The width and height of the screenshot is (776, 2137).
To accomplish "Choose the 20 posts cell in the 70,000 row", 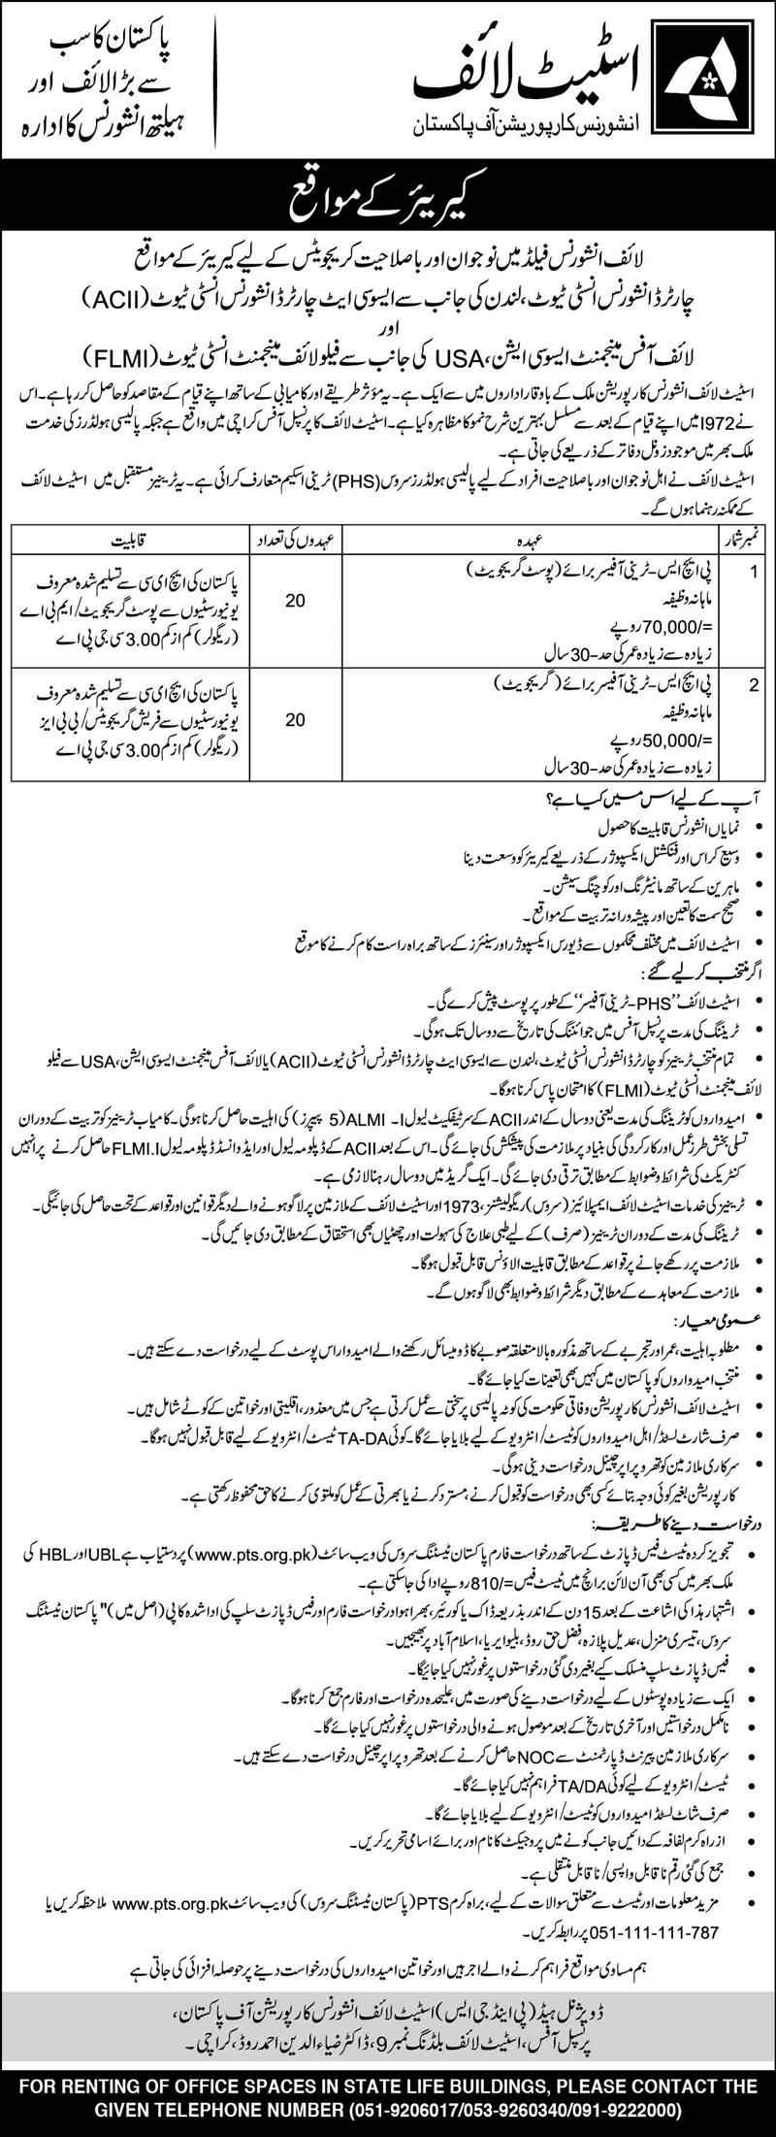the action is pos(295,601).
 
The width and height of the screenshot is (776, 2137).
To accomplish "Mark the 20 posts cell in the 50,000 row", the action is pos(295,720).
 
